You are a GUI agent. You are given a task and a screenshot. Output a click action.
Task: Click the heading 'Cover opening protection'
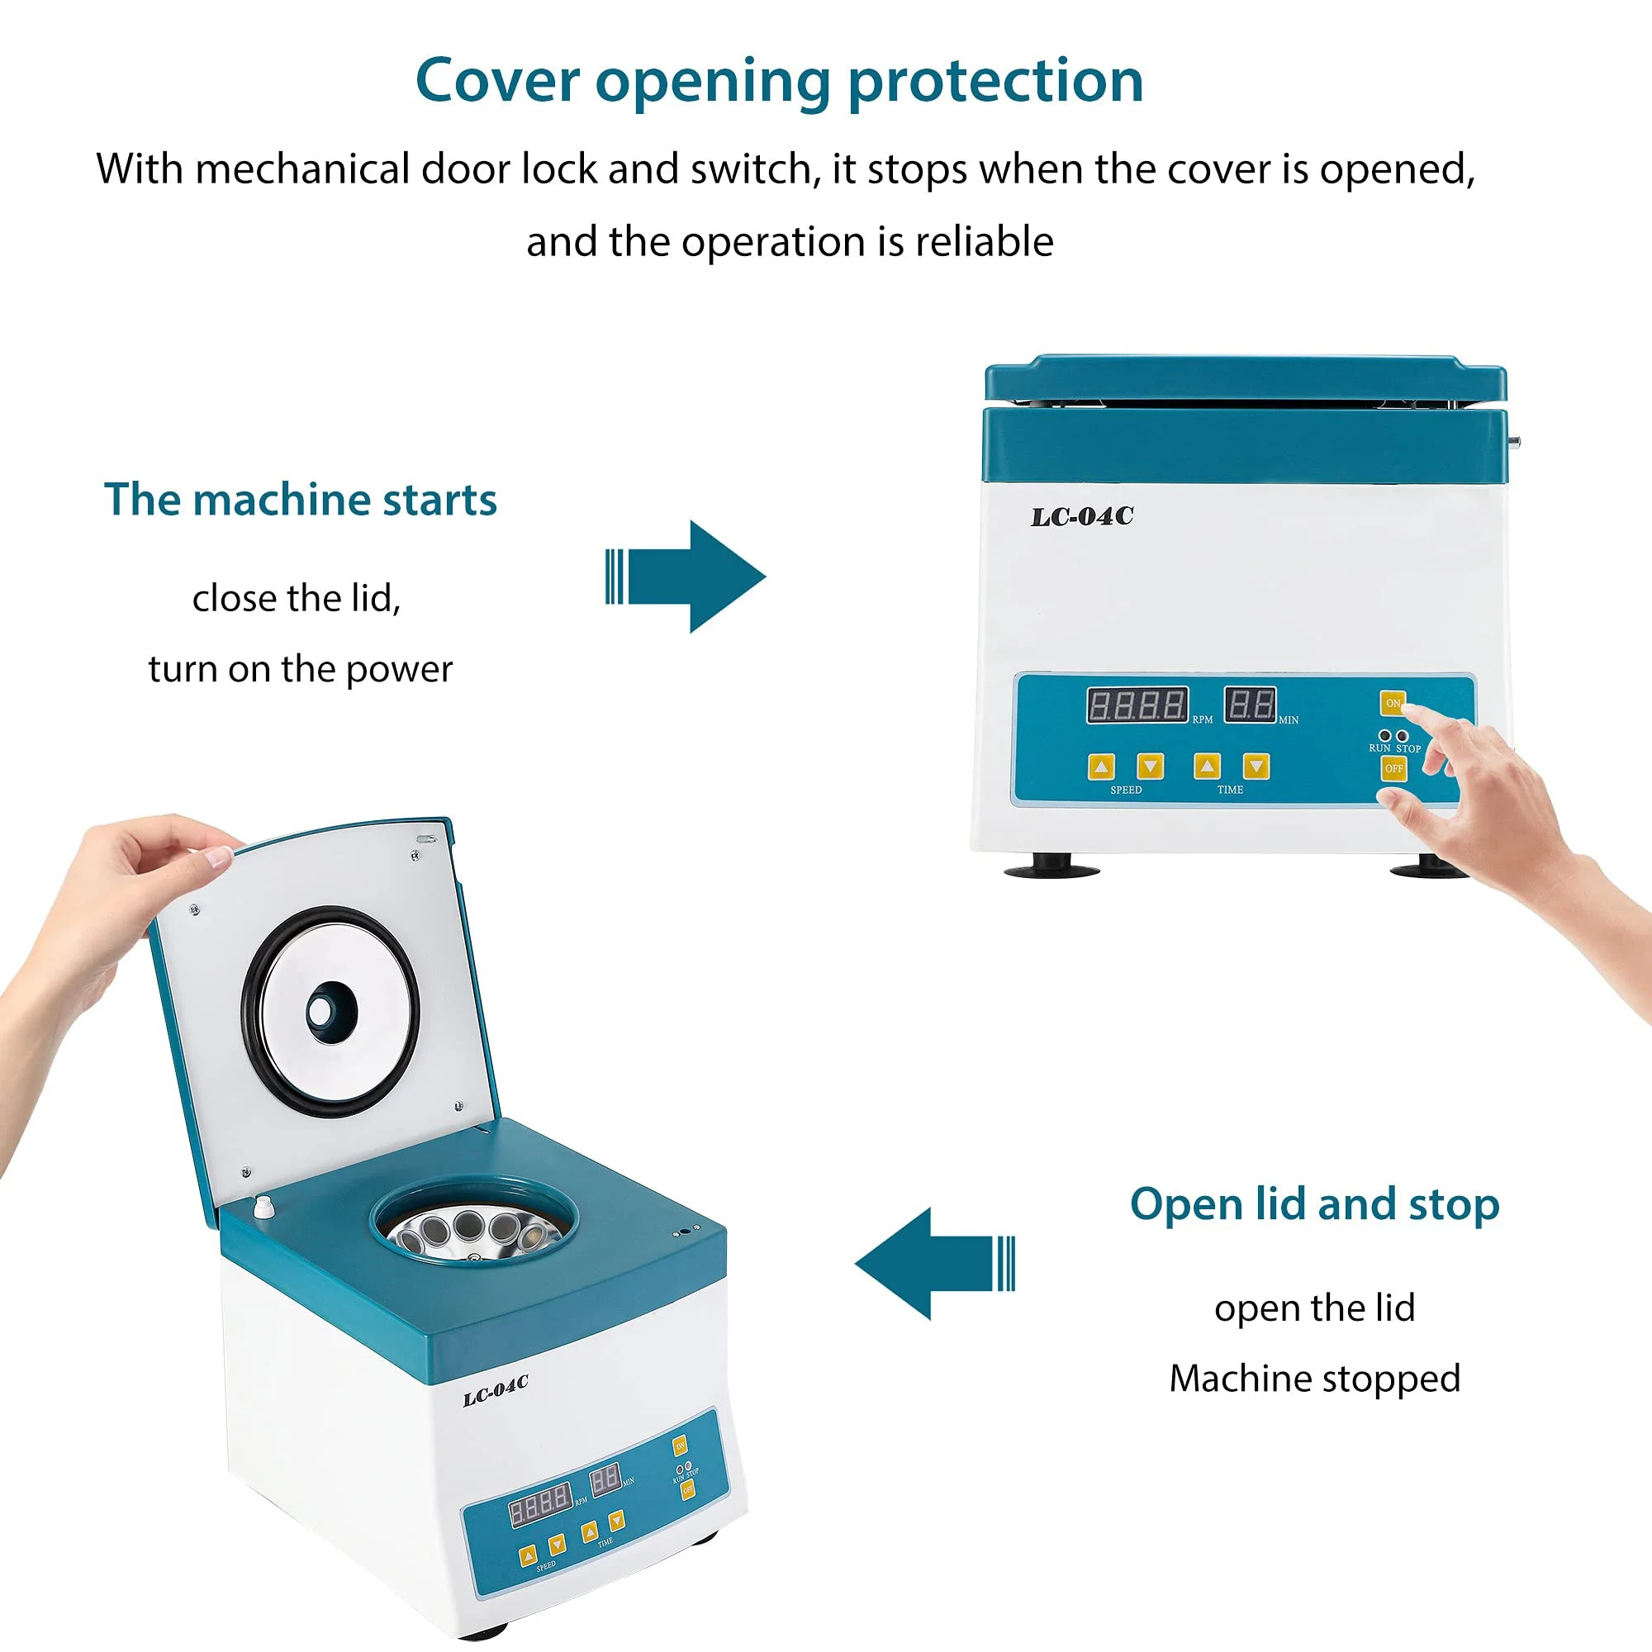pos(779,81)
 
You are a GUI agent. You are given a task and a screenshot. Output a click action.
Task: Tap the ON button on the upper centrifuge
pos(1392,703)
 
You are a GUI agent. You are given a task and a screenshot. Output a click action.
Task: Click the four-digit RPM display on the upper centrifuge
pos(1137,705)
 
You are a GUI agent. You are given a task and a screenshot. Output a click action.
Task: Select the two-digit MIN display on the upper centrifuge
pos(1249,705)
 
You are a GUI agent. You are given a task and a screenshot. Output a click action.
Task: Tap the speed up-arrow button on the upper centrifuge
pos(1101,767)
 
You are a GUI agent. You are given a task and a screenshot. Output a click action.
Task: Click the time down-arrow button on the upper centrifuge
pos(1256,767)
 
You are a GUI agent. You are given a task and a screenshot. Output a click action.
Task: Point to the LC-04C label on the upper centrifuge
pos(1082,516)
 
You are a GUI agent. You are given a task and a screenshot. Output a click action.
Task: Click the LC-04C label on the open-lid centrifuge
pos(495,1389)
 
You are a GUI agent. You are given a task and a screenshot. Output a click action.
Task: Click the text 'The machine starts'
pos(300,501)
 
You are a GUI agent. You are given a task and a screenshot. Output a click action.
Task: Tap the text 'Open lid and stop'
pos(1314,1204)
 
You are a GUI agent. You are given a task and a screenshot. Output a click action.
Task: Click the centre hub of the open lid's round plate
pos(322,1012)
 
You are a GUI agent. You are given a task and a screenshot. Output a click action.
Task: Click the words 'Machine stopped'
pos(1314,1379)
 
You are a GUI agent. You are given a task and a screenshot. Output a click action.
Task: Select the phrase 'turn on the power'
pos(300,669)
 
